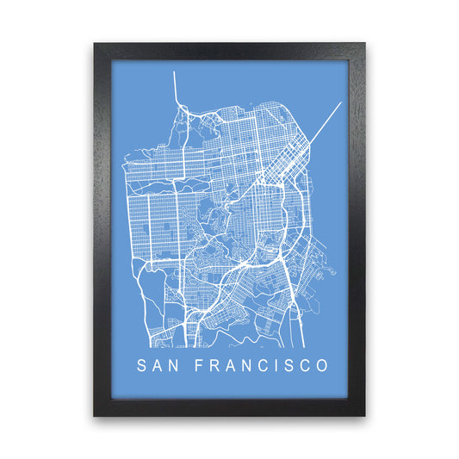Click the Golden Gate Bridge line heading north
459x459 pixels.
[175, 86]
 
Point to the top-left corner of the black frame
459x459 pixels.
[95, 43]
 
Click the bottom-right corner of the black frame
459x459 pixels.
[364, 416]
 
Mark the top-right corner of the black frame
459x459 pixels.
[364, 43]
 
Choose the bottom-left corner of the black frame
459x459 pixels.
[95, 416]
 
